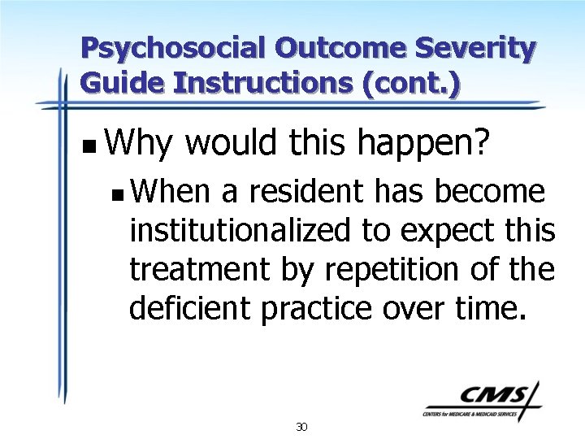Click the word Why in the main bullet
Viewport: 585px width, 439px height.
137,144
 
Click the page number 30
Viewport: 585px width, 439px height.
301,427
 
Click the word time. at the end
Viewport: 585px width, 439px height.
492,307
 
